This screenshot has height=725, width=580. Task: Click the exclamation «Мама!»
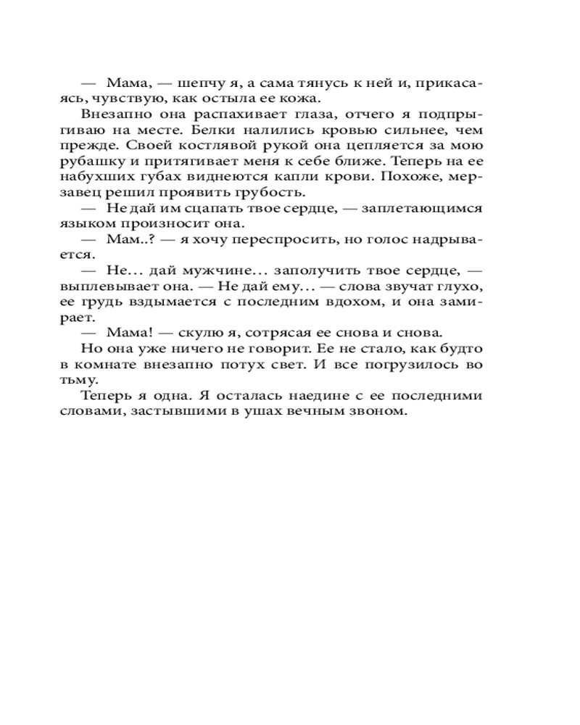click(128, 333)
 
